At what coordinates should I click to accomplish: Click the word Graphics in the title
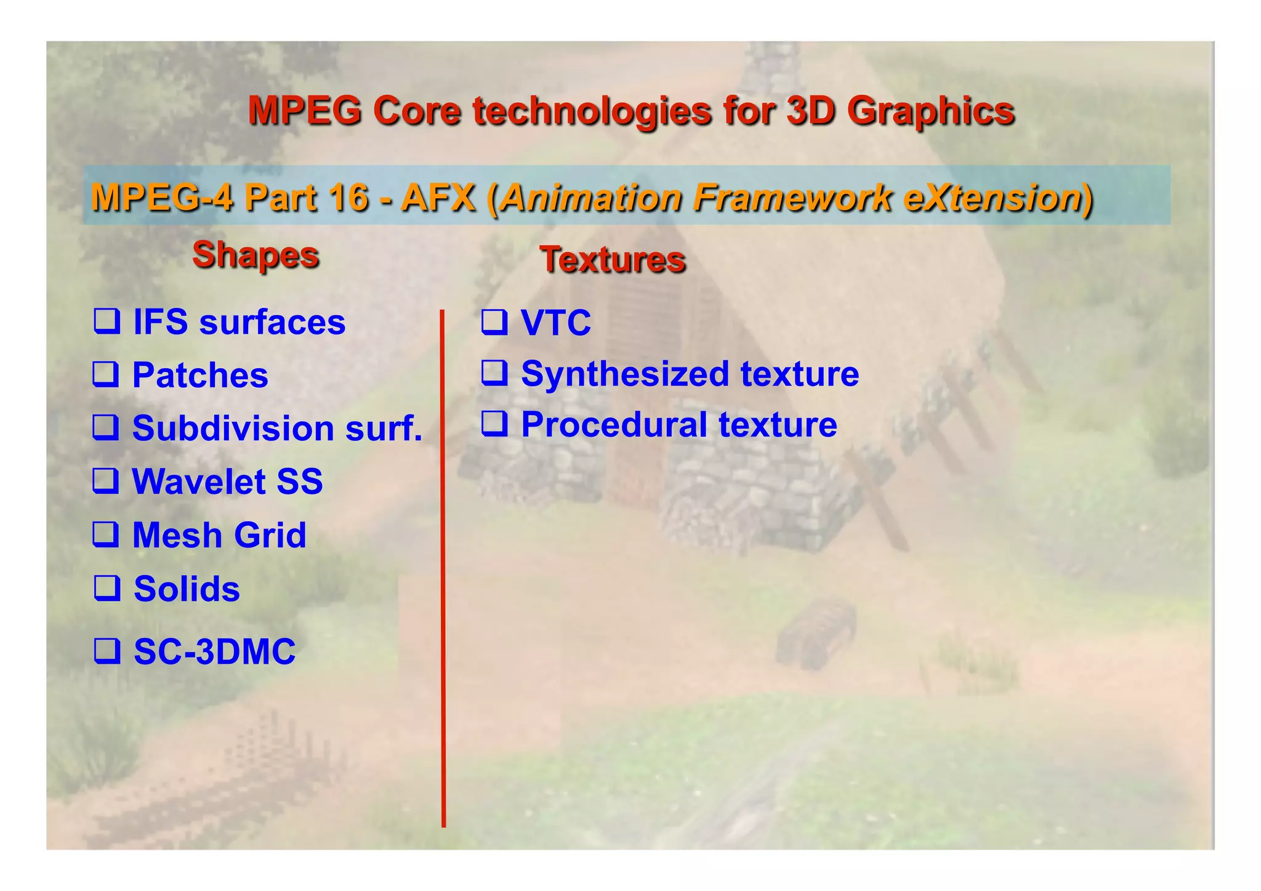pyautogui.click(x=930, y=112)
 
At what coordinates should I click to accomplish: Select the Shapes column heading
pyautogui.click(x=256, y=254)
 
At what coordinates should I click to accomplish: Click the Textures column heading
pyautogui.click(x=612, y=259)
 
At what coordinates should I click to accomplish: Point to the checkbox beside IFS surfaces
pyautogui.click(x=107, y=321)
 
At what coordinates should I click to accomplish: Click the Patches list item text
pyautogui.click(x=200, y=375)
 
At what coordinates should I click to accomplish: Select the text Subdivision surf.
pyautogui.click(x=277, y=428)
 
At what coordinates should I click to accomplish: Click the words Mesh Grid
pyautogui.click(x=219, y=534)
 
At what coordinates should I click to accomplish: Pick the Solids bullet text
pyautogui.click(x=187, y=589)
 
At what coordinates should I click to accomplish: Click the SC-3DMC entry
pyautogui.click(x=214, y=651)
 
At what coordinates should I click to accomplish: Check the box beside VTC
pyautogui.click(x=494, y=321)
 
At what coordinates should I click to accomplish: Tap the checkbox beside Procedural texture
pyautogui.click(x=494, y=424)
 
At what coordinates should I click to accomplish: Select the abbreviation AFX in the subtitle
pyautogui.click(x=438, y=198)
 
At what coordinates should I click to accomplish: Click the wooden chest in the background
pyautogui.click(x=816, y=631)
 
